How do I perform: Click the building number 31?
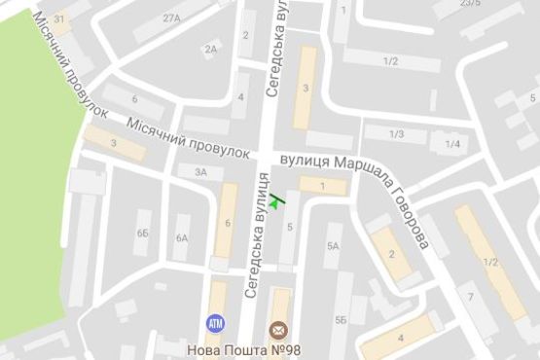coord(61,19)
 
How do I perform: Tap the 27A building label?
coord(172,18)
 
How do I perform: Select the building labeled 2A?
coord(211,49)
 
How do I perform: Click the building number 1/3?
coord(396,133)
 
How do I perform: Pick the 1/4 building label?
coord(452,144)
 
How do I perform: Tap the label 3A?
coord(200,172)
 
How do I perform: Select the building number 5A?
coord(333,246)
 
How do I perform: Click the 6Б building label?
coord(143,234)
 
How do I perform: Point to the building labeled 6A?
coord(182,237)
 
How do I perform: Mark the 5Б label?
coord(341,319)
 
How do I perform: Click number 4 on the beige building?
coord(401,337)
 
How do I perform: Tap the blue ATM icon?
coord(214,322)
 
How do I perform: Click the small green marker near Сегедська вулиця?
coord(277,200)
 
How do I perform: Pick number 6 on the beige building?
coord(227,223)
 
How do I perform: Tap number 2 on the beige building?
coord(391,255)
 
